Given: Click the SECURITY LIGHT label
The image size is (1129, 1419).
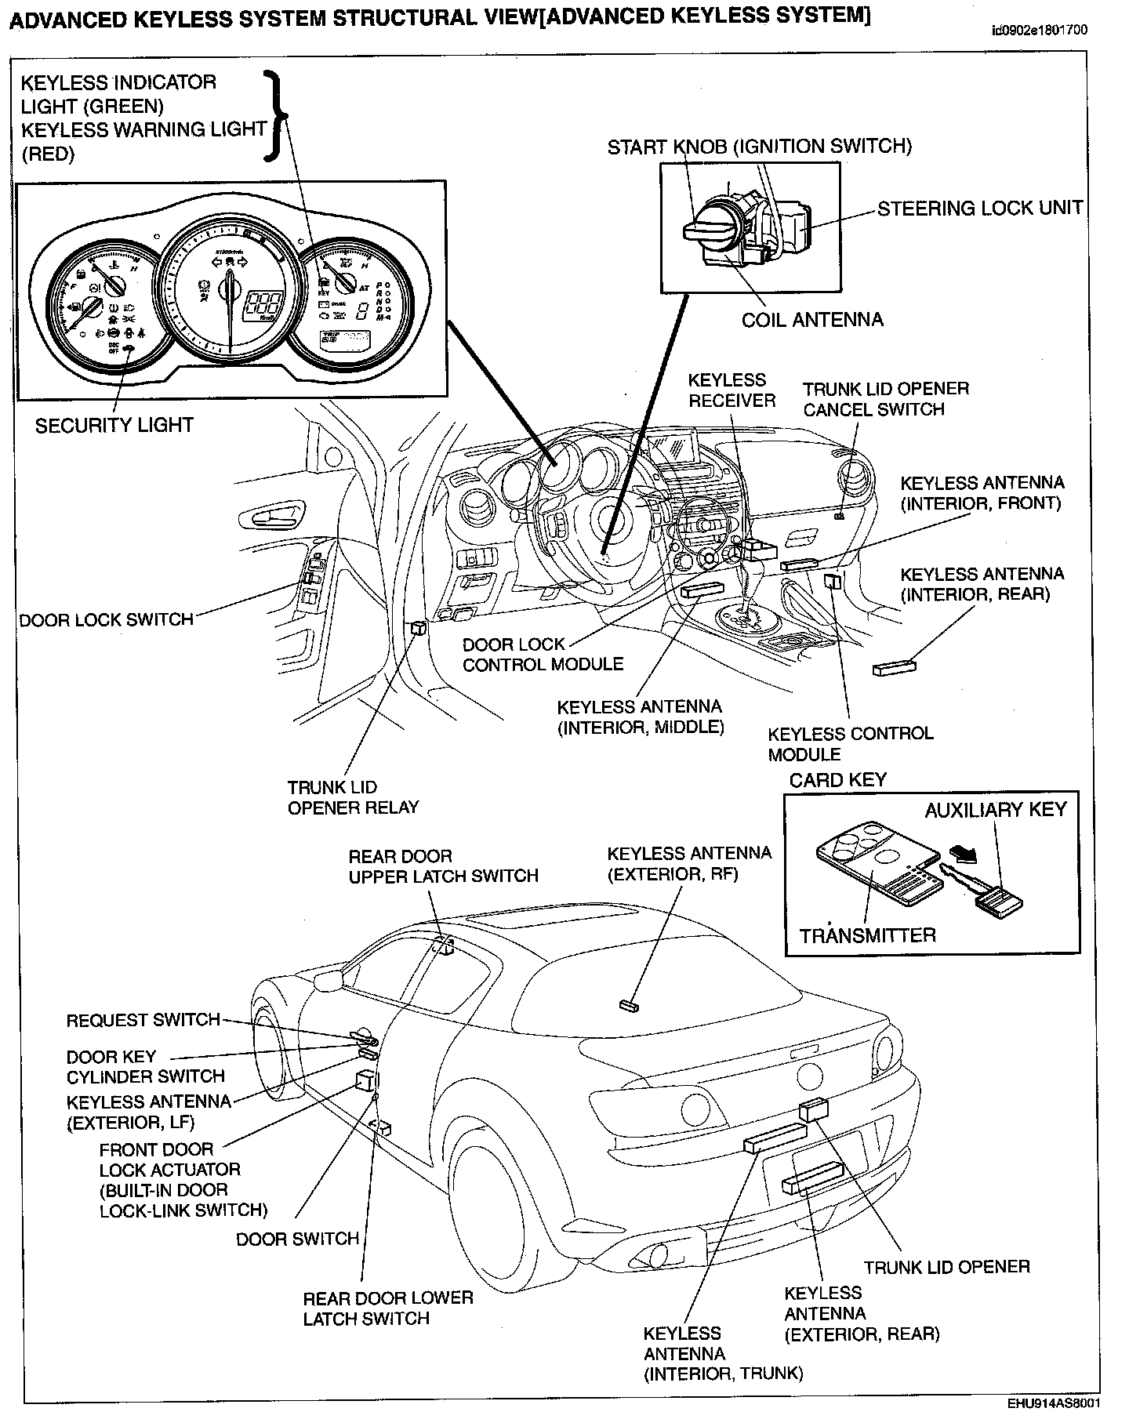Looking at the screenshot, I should tap(114, 426).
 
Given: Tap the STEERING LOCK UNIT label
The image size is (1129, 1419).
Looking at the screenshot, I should tap(979, 209).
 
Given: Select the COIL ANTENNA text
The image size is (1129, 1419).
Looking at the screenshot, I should tap(812, 320).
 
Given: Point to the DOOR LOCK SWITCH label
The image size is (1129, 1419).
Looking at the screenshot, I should tap(107, 620).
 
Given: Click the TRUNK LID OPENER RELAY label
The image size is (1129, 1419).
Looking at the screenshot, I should tap(353, 797).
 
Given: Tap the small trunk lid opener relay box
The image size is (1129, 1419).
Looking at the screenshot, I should tap(419, 627).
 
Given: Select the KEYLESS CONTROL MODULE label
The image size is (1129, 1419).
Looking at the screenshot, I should tap(850, 744).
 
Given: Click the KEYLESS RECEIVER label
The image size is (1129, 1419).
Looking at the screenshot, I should tap(731, 390).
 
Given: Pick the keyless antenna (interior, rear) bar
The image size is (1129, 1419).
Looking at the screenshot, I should tap(895, 668).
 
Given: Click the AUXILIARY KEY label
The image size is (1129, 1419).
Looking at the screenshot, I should tap(996, 810).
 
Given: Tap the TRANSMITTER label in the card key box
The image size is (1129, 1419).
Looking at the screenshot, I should tap(868, 935).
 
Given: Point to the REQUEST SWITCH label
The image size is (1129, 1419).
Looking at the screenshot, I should tap(143, 1020).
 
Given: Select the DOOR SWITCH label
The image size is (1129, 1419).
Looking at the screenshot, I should tap(297, 1239).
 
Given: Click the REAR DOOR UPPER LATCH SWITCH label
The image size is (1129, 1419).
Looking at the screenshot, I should tap(443, 866).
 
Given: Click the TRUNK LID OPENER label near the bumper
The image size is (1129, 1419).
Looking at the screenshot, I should tap(946, 1267).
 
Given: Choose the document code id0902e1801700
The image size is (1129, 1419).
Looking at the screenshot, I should tap(1039, 31).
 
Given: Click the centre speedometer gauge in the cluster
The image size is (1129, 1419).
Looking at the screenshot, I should tap(230, 290).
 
